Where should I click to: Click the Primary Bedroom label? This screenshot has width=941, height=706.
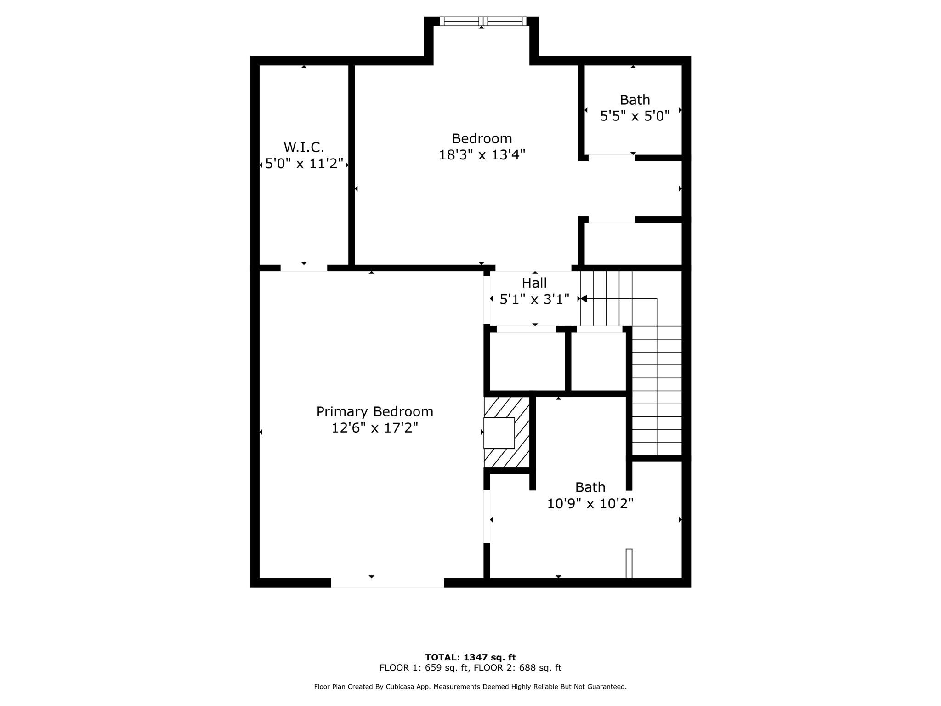[x=374, y=411]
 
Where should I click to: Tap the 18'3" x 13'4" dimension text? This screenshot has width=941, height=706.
[x=482, y=155]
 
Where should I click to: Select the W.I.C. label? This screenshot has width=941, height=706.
[x=304, y=147]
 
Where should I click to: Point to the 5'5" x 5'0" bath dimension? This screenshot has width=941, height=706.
[x=635, y=116]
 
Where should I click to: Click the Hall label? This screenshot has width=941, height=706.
[x=534, y=283]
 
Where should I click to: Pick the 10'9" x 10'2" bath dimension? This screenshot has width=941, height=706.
[x=590, y=504]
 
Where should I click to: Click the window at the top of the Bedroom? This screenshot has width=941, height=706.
[x=482, y=21]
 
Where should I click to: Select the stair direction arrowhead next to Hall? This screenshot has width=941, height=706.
[x=584, y=299]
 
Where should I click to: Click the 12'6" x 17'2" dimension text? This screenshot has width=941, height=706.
[x=374, y=428]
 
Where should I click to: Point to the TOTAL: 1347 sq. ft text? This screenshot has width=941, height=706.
[x=470, y=657]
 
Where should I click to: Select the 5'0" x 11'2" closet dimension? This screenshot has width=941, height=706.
[x=304, y=164]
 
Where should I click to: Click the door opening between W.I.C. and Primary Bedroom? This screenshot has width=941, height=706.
[x=304, y=268]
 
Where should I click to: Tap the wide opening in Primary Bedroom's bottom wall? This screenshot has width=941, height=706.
[x=387, y=583]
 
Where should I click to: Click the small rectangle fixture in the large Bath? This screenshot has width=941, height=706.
[x=629, y=564]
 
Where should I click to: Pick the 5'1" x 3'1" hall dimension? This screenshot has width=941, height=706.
[x=534, y=300]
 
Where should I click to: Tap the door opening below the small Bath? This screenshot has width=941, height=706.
[x=612, y=158]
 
